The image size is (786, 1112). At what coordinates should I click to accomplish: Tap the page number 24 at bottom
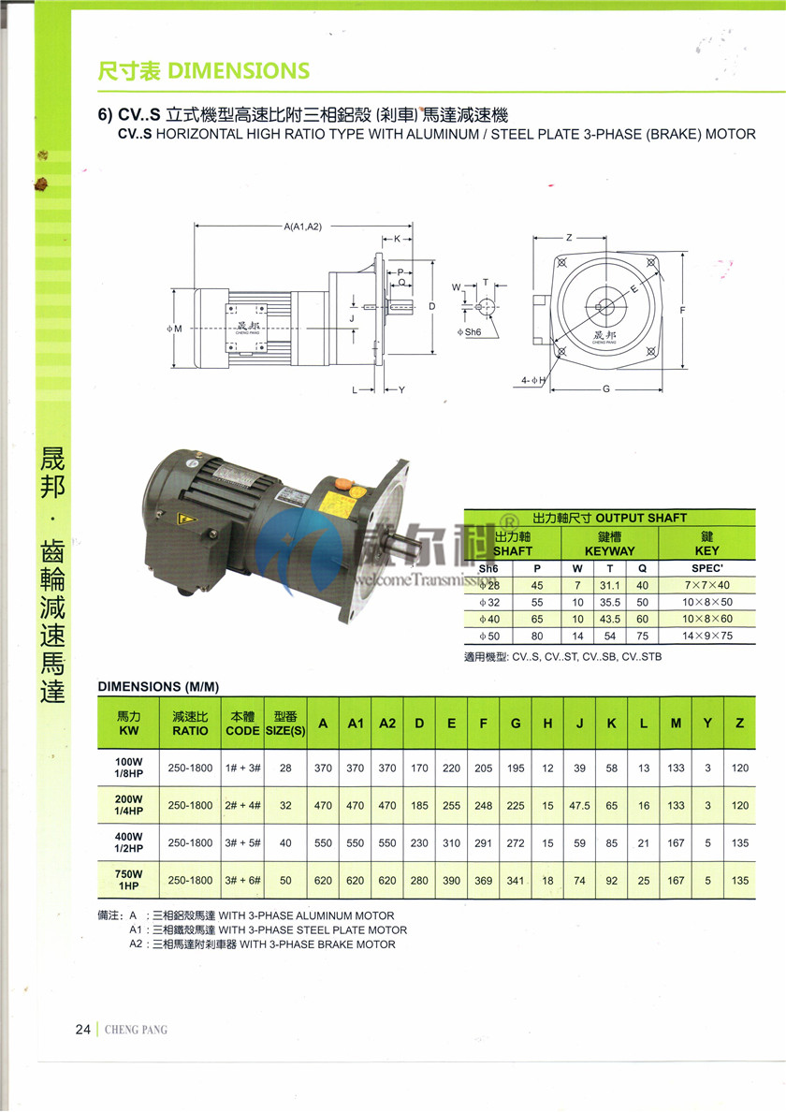point(83,1030)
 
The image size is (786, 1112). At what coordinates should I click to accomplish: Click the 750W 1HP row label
point(128,880)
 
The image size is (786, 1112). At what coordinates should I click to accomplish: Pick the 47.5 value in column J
point(579,805)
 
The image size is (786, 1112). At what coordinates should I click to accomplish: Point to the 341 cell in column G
point(516,880)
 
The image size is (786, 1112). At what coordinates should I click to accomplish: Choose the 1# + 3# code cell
point(241,768)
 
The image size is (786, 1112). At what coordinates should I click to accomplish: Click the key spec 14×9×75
point(706,636)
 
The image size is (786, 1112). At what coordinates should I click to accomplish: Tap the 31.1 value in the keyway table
point(610,585)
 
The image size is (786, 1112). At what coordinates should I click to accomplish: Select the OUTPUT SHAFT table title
point(609,518)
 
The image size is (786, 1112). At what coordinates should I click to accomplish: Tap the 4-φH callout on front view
point(534,380)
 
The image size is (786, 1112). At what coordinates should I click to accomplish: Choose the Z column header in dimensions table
point(740,723)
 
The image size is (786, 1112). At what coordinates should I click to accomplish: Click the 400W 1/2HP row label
point(128,842)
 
